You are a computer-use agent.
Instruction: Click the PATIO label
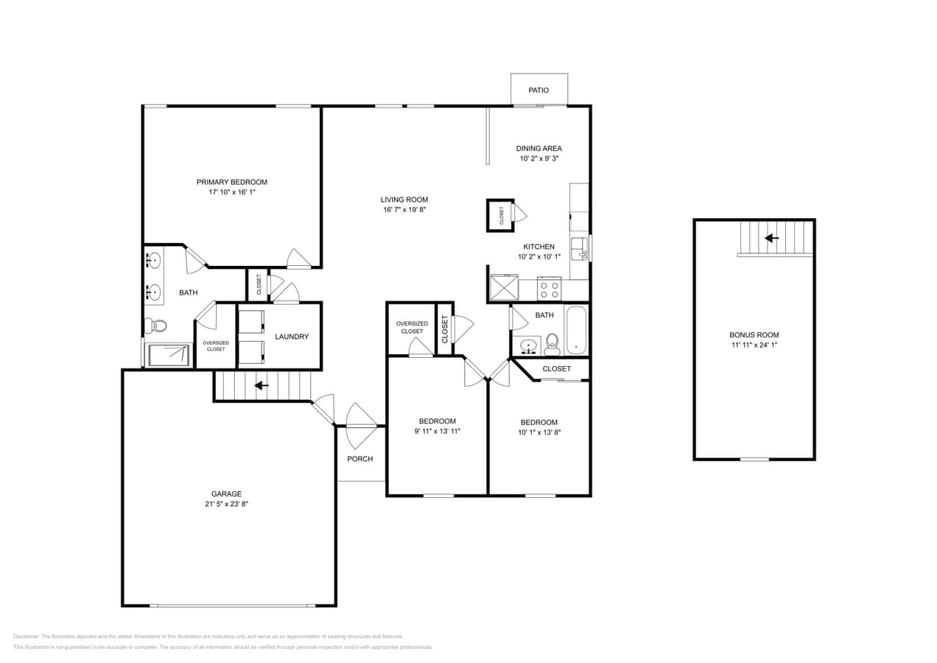pos(538,90)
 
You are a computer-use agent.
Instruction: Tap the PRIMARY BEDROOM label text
pos(231,182)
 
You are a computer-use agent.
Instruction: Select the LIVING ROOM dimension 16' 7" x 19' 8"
pos(404,210)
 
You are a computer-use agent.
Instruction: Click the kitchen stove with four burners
pos(548,290)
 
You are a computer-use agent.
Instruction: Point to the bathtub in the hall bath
pos(575,330)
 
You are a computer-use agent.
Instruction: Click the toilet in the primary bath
pos(155,325)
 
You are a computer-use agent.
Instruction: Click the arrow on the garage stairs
pos(262,385)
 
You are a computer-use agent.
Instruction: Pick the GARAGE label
pos(226,494)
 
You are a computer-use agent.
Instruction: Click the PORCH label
pos(360,459)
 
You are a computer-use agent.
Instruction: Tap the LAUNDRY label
pos(292,337)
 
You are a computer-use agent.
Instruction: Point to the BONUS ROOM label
pos(754,335)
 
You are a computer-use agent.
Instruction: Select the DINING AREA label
pos(538,148)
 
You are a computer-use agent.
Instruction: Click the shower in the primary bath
pos(169,354)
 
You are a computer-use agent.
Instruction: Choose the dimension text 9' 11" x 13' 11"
pos(437,432)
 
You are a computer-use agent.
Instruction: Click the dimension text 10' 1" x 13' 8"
pos(538,433)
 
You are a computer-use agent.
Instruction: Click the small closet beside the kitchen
pos(500,215)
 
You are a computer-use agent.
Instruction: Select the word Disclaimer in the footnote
pos(27,636)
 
